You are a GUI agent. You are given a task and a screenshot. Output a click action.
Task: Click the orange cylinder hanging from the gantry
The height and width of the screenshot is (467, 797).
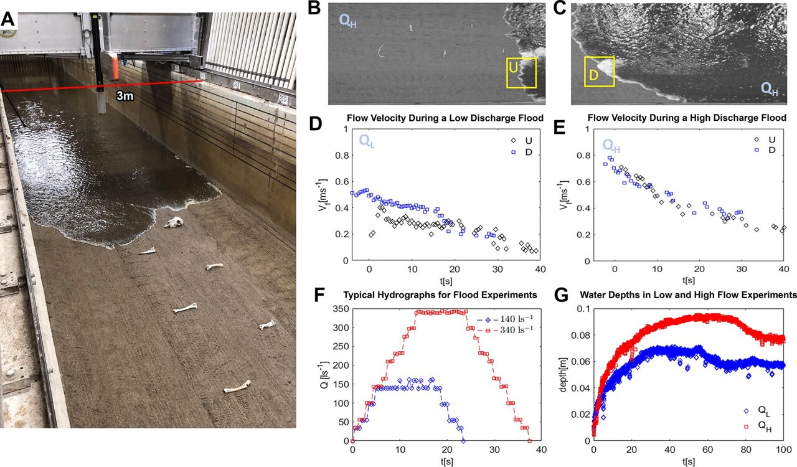point(115,65)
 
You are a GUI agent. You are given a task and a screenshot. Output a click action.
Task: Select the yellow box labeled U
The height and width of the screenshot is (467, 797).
point(521,73)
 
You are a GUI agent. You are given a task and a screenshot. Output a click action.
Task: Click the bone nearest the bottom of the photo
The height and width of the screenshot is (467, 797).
point(237,387)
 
